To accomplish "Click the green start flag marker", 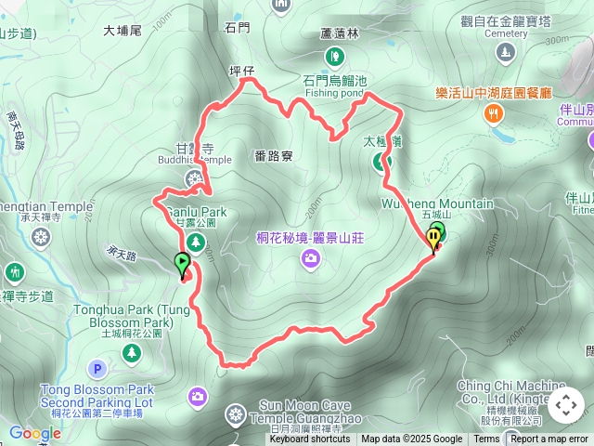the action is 182,264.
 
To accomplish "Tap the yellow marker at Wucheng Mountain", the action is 433,240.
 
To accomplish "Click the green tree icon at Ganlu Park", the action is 195,243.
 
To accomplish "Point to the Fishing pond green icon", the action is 333,59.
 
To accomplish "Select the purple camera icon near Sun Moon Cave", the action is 197,398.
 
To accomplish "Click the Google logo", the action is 34,433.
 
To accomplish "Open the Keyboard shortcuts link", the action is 311,439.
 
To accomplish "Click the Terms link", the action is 486,439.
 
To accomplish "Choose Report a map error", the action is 549,439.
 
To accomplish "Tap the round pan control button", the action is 566,405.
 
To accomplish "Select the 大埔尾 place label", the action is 122,30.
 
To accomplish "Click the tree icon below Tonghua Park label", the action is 132,352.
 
